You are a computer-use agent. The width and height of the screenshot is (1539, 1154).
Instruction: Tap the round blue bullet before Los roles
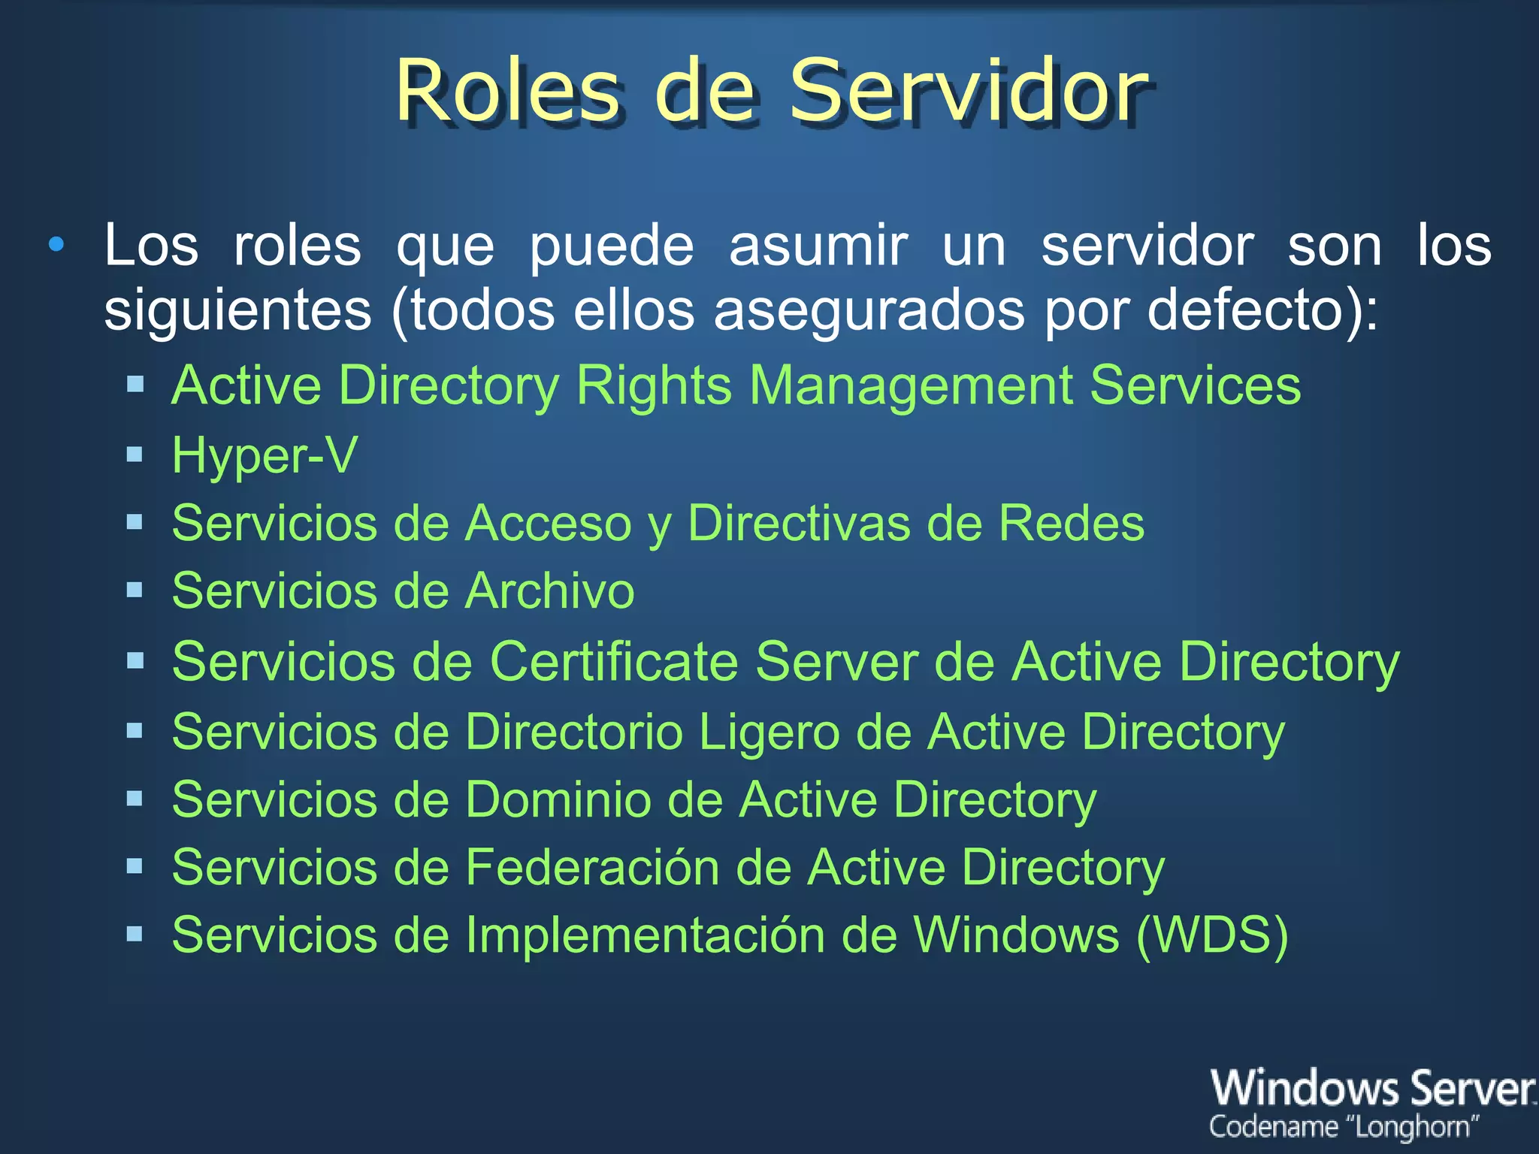pos(56,244)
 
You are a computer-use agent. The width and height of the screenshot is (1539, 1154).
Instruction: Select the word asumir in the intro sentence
pos(818,246)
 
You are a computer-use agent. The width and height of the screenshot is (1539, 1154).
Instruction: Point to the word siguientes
pos(237,310)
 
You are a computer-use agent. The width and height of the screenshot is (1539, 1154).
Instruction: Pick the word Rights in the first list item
pos(653,385)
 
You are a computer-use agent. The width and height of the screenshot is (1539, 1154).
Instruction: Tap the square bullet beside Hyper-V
pos(135,455)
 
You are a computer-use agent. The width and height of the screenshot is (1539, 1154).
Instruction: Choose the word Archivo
pos(550,591)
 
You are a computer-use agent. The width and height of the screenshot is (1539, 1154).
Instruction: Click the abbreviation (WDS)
pos(1212,935)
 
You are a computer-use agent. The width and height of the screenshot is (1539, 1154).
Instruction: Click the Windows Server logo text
pos(1372,1089)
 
